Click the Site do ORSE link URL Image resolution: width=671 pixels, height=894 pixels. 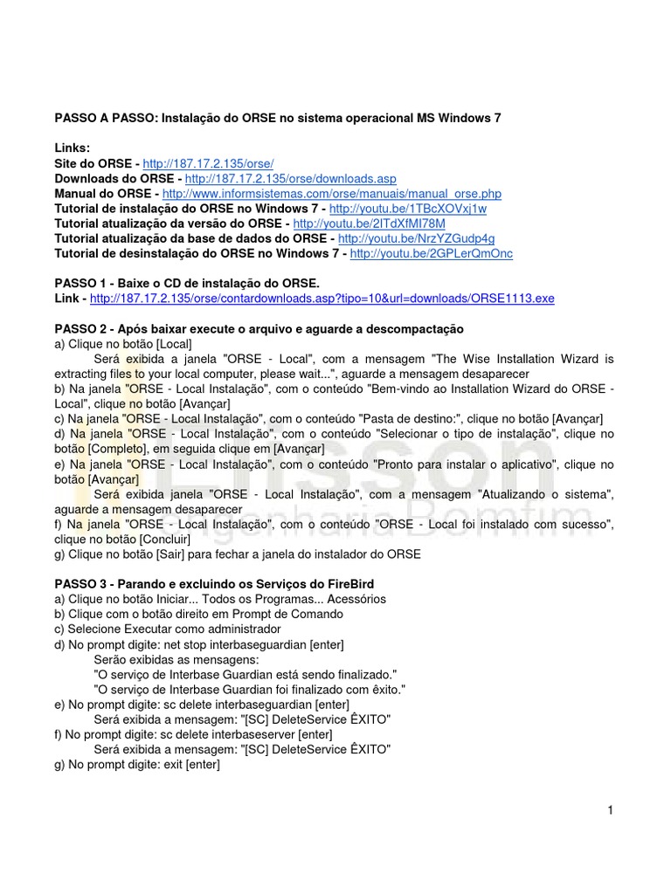(x=208, y=163)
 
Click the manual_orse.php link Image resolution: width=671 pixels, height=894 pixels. (x=332, y=193)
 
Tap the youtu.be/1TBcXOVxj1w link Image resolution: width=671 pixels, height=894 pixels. (x=408, y=209)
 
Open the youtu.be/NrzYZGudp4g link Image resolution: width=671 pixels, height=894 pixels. (x=417, y=238)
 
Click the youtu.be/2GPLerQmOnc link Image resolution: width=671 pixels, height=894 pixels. (x=432, y=253)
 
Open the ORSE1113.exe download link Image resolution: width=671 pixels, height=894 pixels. (x=322, y=299)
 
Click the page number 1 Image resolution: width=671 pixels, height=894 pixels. (x=611, y=810)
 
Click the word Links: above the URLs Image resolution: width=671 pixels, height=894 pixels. (x=73, y=148)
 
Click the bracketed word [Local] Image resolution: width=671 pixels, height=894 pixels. (x=173, y=344)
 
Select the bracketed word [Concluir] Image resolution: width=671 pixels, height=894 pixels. (x=161, y=539)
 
